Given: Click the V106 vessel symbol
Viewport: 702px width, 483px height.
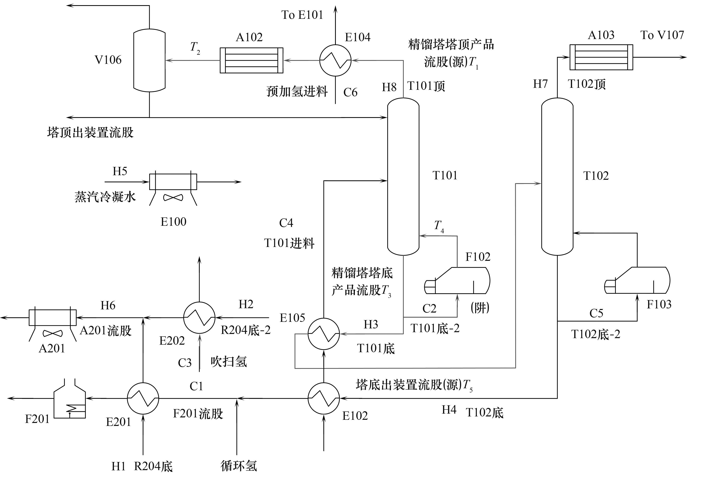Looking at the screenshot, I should point(149,60).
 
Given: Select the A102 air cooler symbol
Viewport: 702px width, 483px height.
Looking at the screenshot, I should point(251,60).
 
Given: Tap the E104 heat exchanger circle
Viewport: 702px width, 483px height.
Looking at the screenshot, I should point(335,60).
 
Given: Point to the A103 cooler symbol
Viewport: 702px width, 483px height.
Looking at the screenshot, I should point(601,57).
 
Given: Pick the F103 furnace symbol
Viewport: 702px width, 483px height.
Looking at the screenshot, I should point(637,280).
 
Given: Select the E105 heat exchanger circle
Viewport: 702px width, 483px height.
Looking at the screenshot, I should point(324,334).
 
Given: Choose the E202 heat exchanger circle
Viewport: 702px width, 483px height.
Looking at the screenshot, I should point(199,318).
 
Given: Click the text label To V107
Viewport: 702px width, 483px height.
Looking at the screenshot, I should point(662,35).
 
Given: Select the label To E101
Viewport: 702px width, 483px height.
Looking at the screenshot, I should point(302,15).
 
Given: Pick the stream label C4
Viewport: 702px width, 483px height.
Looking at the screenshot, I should point(286,223).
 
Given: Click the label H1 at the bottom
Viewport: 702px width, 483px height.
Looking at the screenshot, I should point(118,466).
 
